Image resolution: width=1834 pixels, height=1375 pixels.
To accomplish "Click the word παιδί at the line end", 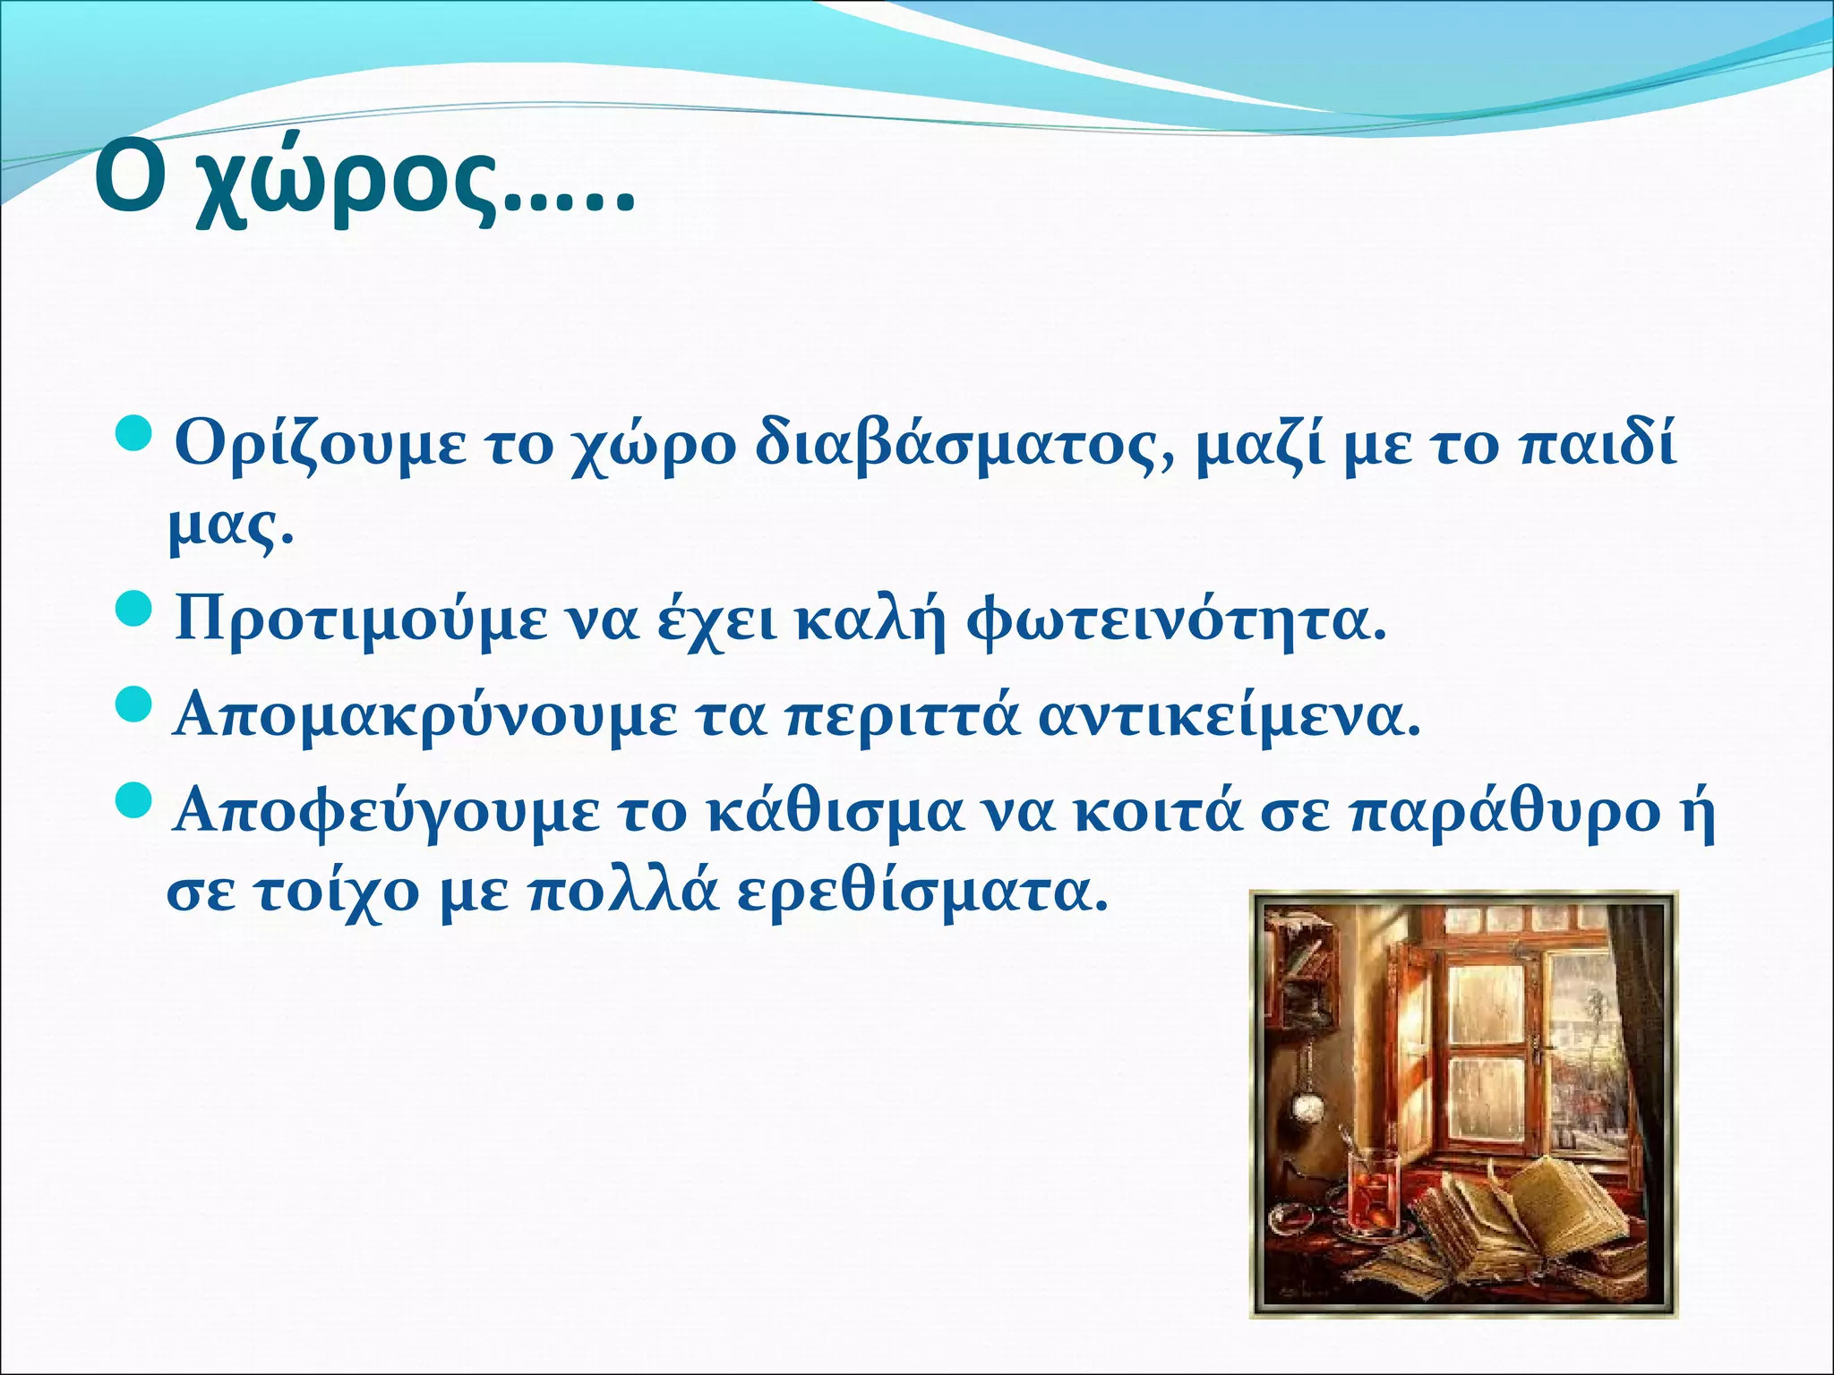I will (1599, 442).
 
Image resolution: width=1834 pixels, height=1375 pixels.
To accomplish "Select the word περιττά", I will (904, 717).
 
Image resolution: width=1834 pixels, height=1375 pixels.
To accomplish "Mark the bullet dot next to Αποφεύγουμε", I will (137, 800).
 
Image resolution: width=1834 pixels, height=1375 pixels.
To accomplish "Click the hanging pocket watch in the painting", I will (1308, 1108).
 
